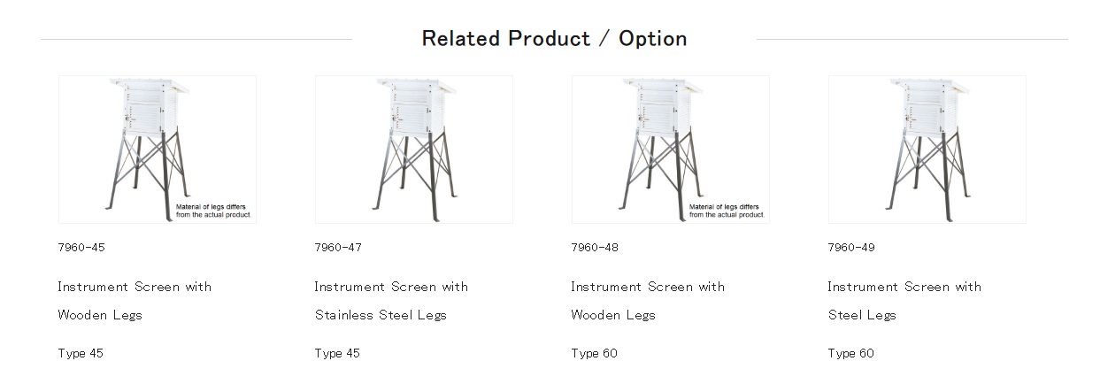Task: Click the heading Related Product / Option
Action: pyautogui.click(x=554, y=39)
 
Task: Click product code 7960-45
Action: pyautogui.click(x=81, y=248)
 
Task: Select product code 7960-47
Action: pyautogui.click(x=338, y=248)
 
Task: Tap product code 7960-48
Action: pyautogui.click(x=595, y=248)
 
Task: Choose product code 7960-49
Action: pyautogui.click(x=851, y=248)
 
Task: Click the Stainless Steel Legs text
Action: pyautogui.click(x=381, y=315)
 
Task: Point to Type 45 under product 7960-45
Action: pyautogui.click(x=81, y=353)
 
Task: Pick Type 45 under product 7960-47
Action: pyautogui.click(x=337, y=353)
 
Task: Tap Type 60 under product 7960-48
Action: pyautogui.click(x=594, y=353)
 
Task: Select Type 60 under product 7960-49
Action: pyautogui.click(x=851, y=353)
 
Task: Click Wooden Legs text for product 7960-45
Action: pyautogui.click(x=100, y=315)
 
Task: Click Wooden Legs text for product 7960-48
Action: pyautogui.click(x=613, y=315)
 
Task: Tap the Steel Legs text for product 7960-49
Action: pyautogui.click(x=862, y=315)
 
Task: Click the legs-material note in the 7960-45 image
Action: pyautogui.click(x=213, y=211)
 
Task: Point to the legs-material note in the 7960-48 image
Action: pyautogui.click(x=727, y=211)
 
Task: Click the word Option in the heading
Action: pyautogui.click(x=652, y=39)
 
